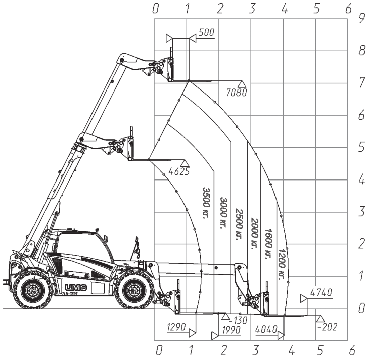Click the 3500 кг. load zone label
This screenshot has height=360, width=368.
206,203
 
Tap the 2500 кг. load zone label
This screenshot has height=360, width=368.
239,224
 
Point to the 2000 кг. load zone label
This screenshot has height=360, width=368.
255,234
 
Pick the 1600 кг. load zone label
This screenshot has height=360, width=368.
269,244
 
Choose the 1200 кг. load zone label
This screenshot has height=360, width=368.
282,264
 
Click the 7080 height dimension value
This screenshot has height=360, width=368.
237,93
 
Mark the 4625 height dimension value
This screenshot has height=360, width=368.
179,171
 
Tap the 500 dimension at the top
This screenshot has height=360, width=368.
207,32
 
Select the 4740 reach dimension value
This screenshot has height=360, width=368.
321,293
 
